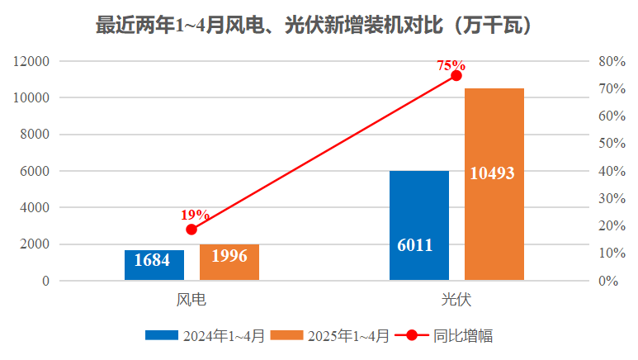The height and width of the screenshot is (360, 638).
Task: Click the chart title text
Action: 319,26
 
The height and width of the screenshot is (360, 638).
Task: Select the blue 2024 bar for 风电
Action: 154,266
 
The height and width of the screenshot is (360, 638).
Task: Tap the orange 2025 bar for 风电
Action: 229,263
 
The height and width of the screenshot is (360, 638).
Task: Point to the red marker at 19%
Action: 191,230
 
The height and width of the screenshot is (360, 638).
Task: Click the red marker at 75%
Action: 456,76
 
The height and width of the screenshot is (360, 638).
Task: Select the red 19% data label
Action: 196,215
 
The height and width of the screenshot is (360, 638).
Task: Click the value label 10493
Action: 493,173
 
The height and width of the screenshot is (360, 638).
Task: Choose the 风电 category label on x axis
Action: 191,299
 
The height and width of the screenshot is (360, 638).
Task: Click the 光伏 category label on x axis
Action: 456,299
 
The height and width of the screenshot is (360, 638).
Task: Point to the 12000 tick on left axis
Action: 32,62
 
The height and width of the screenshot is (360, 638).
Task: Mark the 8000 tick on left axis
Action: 35,135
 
